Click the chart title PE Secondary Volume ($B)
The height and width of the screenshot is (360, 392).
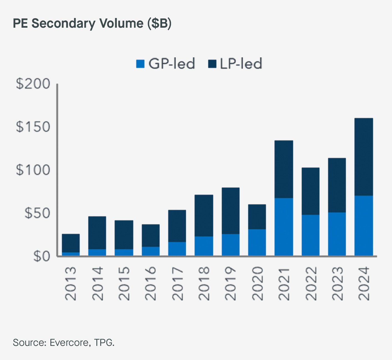tap(92, 23)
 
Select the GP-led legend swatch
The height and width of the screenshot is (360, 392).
tap(140, 64)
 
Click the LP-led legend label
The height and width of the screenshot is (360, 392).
tap(241, 64)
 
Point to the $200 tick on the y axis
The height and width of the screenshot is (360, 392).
tap(33, 84)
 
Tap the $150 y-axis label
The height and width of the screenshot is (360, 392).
tap(33, 127)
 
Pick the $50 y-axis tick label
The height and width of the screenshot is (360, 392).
tap(37, 213)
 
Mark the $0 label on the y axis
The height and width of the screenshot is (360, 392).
tap(42, 256)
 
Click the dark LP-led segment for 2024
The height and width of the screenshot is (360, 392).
tap(363, 157)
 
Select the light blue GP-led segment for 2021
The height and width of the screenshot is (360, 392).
tap(284, 227)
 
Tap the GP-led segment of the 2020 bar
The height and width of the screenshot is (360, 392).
tap(257, 242)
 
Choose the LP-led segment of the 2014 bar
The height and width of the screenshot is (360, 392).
tap(97, 233)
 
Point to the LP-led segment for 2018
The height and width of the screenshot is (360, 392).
tap(204, 215)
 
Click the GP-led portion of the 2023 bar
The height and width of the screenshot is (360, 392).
tap(337, 234)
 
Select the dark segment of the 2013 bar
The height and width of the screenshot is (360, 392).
tap(71, 243)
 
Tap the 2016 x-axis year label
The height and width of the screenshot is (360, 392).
tap(150, 284)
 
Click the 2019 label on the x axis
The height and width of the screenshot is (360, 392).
tap(230, 284)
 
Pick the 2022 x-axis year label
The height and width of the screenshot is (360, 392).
tap(311, 284)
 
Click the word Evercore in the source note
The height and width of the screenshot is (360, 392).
tap(69, 343)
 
